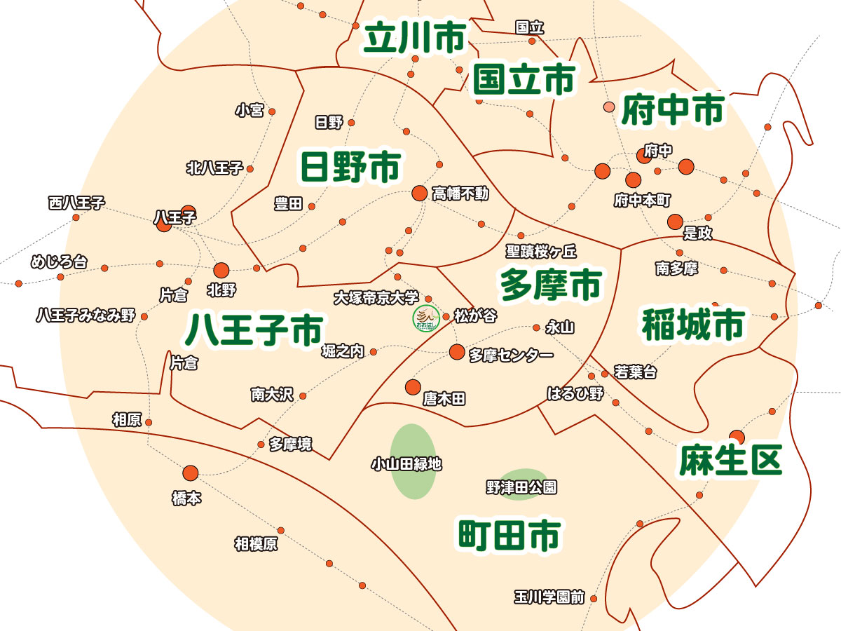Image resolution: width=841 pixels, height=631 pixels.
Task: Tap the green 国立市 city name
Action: pyautogui.click(x=524, y=79)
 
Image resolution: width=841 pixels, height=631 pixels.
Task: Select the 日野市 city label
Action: pyautogui.click(x=350, y=167)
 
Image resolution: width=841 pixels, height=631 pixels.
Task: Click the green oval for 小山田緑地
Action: pyautogui.click(x=412, y=462)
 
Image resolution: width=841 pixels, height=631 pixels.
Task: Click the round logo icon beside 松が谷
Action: pyautogui.click(x=425, y=319)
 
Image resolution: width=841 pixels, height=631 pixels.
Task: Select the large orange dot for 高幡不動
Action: pyautogui.click(x=419, y=192)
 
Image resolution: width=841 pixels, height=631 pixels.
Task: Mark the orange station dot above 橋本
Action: pyautogui.click(x=191, y=473)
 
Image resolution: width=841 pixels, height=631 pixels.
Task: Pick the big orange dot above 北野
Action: pyautogui.click(x=221, y=270)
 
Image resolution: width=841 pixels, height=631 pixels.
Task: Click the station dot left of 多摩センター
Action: pyautogui.click(x=457, y=351)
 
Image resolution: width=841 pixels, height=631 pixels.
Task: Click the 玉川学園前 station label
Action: pyautogui.click(x=549, y=598)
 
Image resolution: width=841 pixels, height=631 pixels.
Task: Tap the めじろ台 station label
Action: pyautogui.click(x=60, y=263)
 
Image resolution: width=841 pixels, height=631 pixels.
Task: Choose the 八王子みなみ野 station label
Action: pyautogui.click(x=86, y=315)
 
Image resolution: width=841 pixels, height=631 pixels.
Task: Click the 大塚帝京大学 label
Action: pyautogui.click(x=376, y=297)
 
